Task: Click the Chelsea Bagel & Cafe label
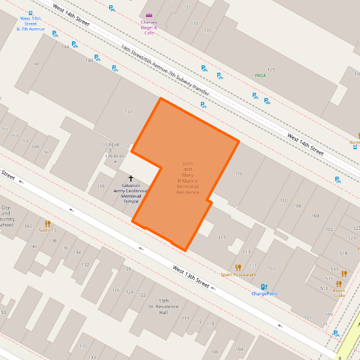pos(149,27)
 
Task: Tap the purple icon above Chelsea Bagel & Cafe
pos(149,14)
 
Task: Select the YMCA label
pos(260,75)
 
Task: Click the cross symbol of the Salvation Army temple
pos(130,179)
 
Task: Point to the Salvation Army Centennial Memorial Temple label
pos(131,193)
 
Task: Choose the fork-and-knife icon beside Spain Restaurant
pos(238,267)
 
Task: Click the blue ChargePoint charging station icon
pos(264,287)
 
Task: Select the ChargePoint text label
pos(264,294)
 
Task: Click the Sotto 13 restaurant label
pos(48,230)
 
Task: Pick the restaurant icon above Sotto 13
pos(48,223)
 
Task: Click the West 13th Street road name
pos(191,276)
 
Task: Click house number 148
pos(36,63)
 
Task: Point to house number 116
pos(239,173)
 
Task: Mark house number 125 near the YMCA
pos(271,69)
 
